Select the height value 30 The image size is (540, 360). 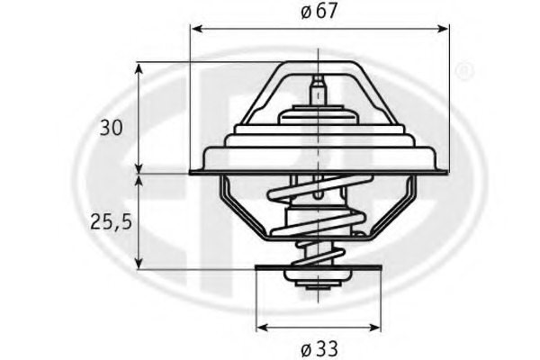click(x=112, y=128)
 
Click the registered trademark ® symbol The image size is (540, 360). click(x=463, y=69)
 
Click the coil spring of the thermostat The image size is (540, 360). click(x=317, y=220)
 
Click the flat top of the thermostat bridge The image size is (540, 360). click(x=316, y=63)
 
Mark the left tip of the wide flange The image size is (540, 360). click(x=192, y=171)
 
